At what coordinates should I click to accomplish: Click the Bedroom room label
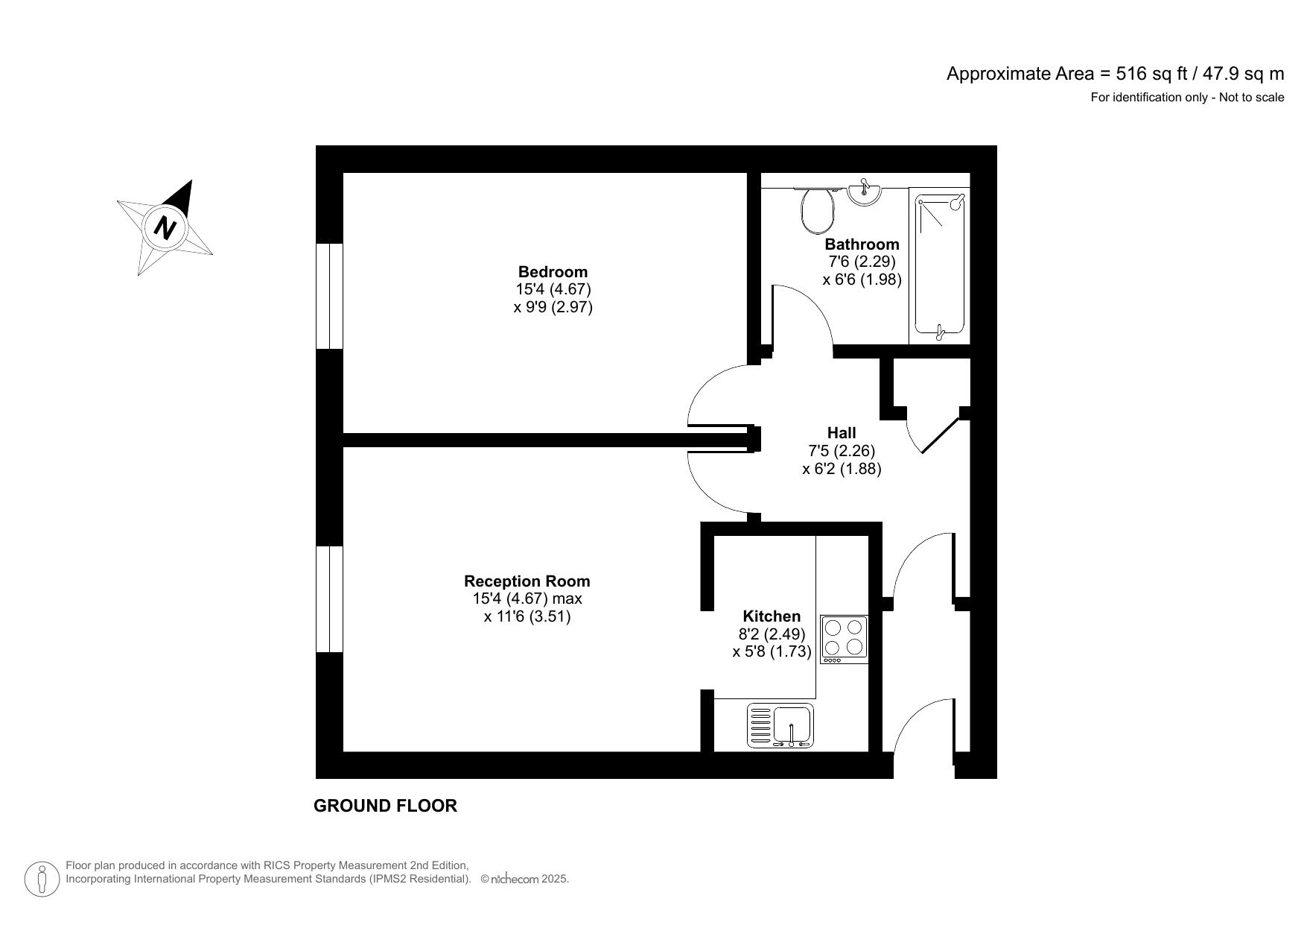pos(553,272)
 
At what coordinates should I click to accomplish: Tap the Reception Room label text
pos(527,581)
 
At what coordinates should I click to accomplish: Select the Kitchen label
pos(772,616)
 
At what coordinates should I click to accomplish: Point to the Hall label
pos(842,433)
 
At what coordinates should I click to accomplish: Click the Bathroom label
pos(862,244)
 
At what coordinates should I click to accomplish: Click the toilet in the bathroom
pos(817,210)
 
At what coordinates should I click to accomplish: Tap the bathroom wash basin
pos(865,192)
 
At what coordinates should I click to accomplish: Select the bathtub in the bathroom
pos(939,265)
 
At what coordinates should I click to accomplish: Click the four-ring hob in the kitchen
pos(844,639)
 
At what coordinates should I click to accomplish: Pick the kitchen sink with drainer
pos(780,726)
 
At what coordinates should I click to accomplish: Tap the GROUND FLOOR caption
pos(385,806)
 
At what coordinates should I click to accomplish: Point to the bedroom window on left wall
pos(329,296)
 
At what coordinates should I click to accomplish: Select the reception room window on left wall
pos(329,599)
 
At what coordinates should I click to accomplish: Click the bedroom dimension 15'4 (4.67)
pos(553,289)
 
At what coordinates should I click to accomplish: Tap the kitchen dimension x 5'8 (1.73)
pos(772,652)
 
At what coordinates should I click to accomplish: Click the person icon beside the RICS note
pos(42,880)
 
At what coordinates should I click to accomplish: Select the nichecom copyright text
pos(525,880)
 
